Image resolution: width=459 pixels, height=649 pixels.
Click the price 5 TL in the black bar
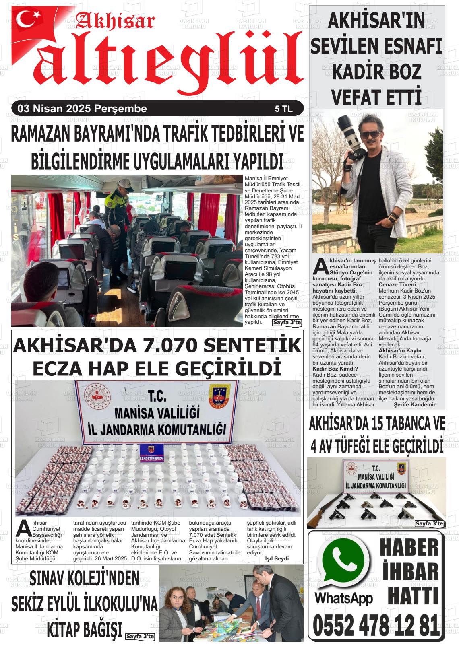283,109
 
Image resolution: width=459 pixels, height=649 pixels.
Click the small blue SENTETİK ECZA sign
151,458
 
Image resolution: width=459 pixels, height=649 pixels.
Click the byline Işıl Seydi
277,558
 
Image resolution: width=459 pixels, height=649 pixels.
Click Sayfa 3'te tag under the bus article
287,323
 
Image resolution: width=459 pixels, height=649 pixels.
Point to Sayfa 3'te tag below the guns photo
429,523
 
